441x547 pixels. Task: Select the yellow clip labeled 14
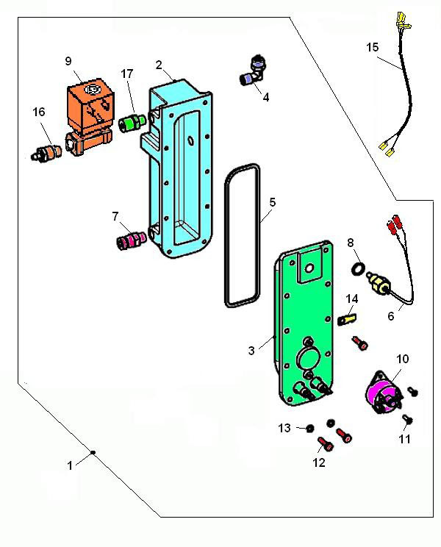[x=348, y=318]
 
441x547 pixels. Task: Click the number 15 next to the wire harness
[x=373, y=48]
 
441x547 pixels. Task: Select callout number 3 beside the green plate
[x=251, y=351]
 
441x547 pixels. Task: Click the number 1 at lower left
[x=70, y=465]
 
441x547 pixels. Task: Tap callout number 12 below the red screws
[x=318, y=462]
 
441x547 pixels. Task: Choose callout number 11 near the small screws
[x=405, y=439]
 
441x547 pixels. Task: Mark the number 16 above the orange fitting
[x=38, y=112]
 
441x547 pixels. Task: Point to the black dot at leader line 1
[x=93, y=452]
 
